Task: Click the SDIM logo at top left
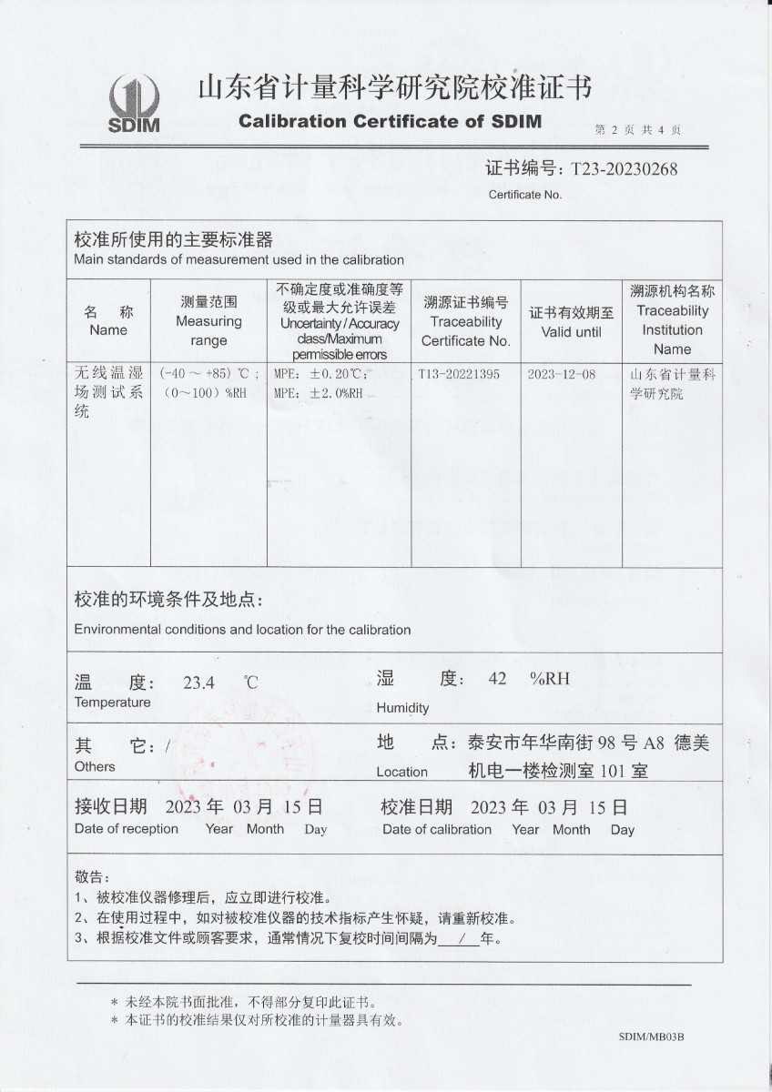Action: [x=134, y=103]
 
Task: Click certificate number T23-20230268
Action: [x=624, y=169]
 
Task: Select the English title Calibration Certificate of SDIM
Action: [x=390, y=122]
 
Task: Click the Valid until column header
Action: [x=571, y=322]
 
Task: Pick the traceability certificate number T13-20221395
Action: [x=459, y=375]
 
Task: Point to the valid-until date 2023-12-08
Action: [x=562, y=375]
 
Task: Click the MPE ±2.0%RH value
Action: [x=318, y=393]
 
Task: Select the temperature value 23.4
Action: [x=198, y=682]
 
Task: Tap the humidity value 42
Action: [x=497, y=679]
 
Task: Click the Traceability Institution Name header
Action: [x=672, y=320]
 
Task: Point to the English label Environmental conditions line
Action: [x=242, y=630]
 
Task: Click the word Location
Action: [x=401, y=772]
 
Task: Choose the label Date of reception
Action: [x=127, y=829]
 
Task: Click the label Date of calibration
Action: [x=437, y=830]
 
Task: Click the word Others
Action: [x=95, y=767]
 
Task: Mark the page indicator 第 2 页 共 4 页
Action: [x=638, y=130]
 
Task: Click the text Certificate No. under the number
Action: [x=525, y=194]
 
